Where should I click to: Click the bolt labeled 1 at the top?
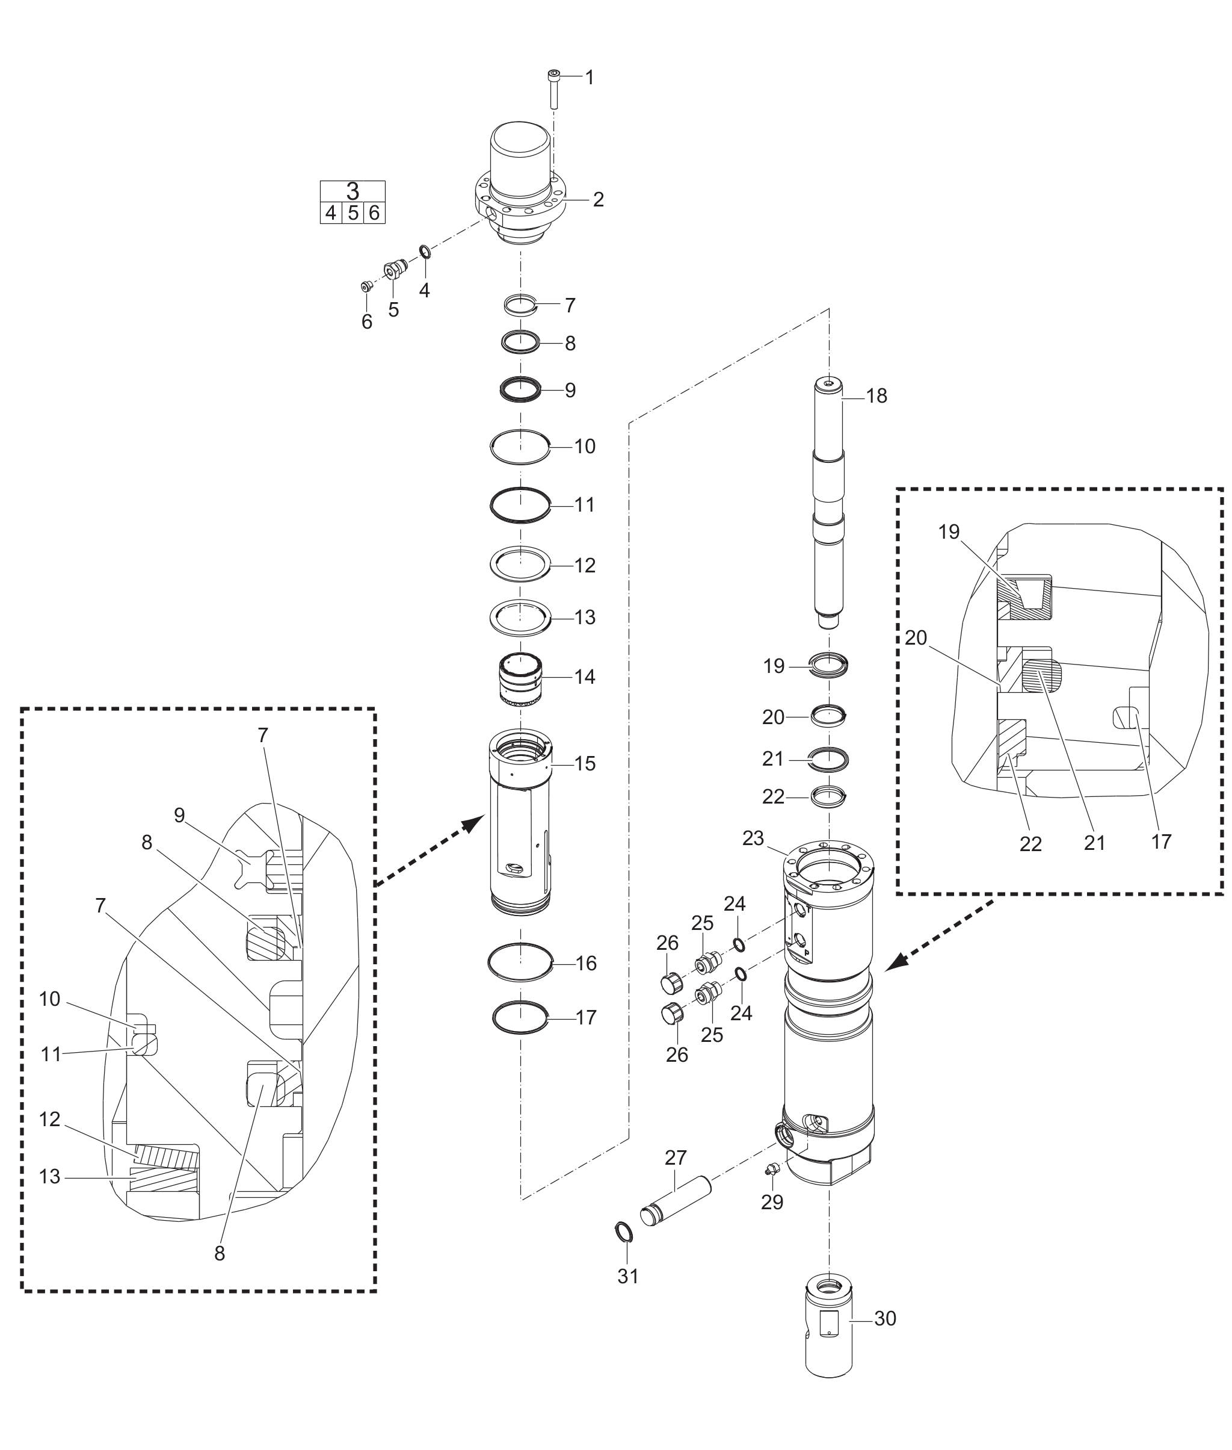point(554,90)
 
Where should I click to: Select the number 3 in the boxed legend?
point(353,191)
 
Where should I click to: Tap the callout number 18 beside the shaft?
point(876,396)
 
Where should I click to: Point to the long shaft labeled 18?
point(829,503)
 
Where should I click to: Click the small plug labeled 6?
point(365,287)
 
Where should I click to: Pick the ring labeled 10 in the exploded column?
point(520,447)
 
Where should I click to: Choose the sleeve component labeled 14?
point(521,678)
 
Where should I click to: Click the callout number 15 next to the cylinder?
point(585,764)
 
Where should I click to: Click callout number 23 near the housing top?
point(753,838)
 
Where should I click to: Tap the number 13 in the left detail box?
point(49,1177)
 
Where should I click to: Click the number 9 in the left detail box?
point(179,816)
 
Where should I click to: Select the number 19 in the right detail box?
point(949,533)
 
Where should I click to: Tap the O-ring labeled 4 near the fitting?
point(424,252)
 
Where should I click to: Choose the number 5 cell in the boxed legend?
point(353,213)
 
